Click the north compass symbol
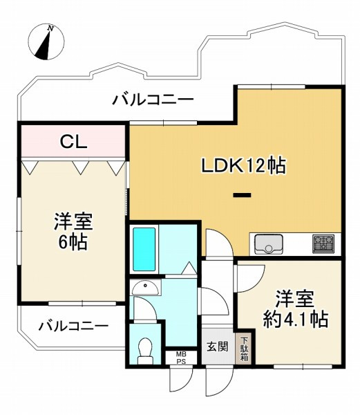pyautogui.click(x=46, y=41)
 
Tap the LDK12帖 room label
pyautogui.click(x=243, y=166)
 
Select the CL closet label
pyautogui.click(x=73, y=142)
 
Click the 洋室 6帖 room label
pyautogui.click(x=73, y=231)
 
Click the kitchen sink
pyautogui.click(x=269, y=244)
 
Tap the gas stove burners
pyautogui.click(x=323, y=243)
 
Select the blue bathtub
pyautogui.click(x=144, y=249)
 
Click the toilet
pyautogui.click(x=145, y=351)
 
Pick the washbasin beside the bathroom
pyautogui.click(x=146, y=288)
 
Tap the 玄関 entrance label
pyautogui.click(x=217, y=347)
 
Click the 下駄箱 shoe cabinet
pyautogui.click(x=244, y=349)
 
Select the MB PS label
pyautogui.click(x=181, y=358)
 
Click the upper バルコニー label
pyautogui.click(x=153, y=100)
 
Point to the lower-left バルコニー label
pyautogui.click(x=74, y=326)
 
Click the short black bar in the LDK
pyautogui.click(x=242, y=195)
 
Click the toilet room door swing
pyautogui.click(x=145, y=308)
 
